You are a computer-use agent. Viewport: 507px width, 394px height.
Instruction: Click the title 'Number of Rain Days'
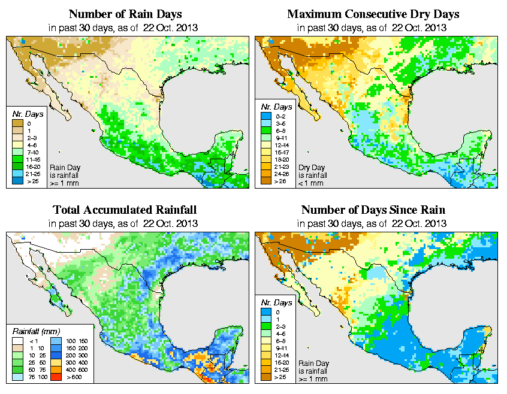click(x=125, y=13)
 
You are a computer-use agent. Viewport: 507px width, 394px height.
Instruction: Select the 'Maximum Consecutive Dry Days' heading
click(x=373, y=13)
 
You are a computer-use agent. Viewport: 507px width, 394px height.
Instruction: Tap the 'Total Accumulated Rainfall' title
click(x=125, y=210)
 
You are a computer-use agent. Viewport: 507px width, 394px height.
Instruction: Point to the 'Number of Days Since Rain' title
click(x=373, y=210)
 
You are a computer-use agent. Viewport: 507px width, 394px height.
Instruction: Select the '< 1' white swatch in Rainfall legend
click(x=17, y=340)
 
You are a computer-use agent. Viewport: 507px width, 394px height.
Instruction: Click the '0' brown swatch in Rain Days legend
click(x=18, y=123)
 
